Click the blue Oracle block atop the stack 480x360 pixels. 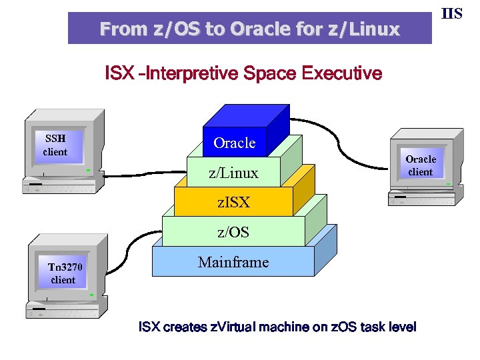235,142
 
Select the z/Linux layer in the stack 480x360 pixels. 233,173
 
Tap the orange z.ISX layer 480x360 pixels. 233,201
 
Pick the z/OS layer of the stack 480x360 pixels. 233,231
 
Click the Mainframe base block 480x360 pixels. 233,261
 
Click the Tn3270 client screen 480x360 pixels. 64,273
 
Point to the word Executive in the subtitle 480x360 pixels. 342,73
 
